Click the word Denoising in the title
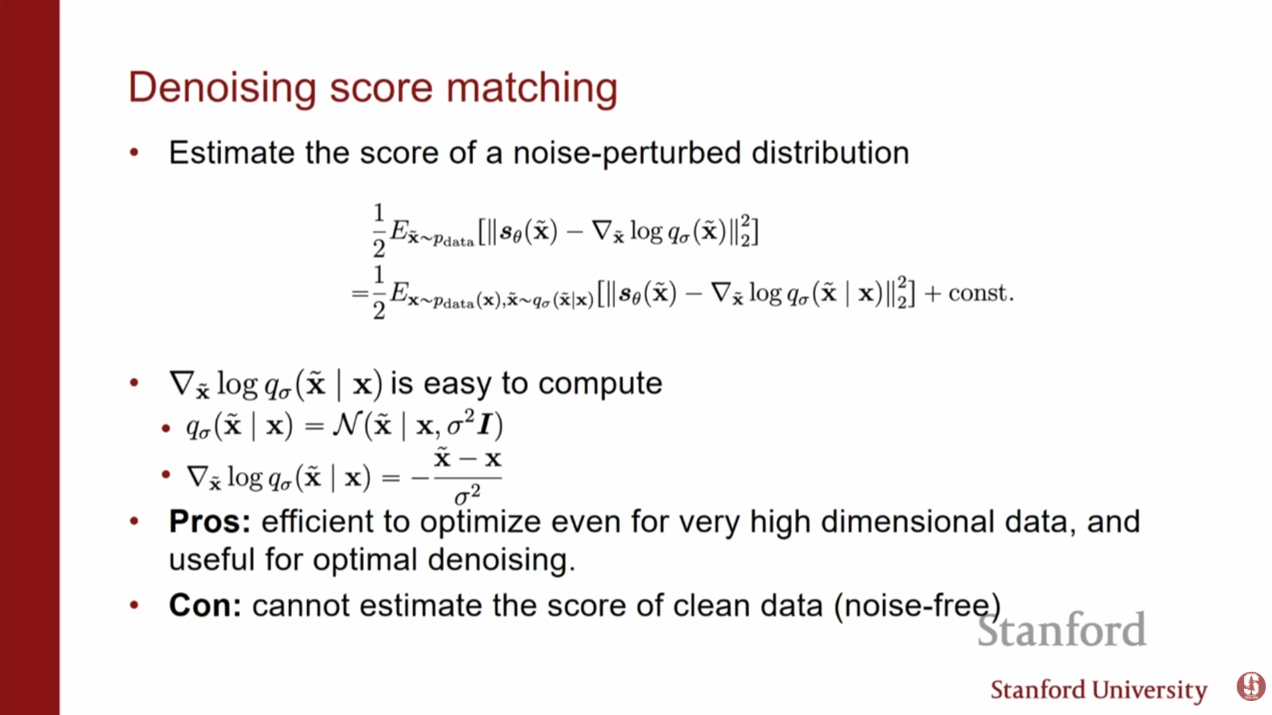(222, 87)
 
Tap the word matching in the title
(531, 89)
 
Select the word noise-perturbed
(627, 153)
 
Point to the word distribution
(830, 153)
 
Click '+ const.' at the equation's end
(969, 293)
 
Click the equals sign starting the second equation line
(360, 293)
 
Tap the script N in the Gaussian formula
(347, 424)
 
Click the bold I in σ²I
(486, 425)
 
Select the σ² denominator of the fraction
(467, 494)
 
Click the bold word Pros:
(209, 521)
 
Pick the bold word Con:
(205, 606)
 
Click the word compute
(600, 384)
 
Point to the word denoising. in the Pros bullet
(501, 560)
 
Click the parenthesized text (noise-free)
(917, 606)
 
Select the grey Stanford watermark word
(1061, 629)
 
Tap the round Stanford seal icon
(1251, 686)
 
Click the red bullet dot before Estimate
(134, 153)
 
